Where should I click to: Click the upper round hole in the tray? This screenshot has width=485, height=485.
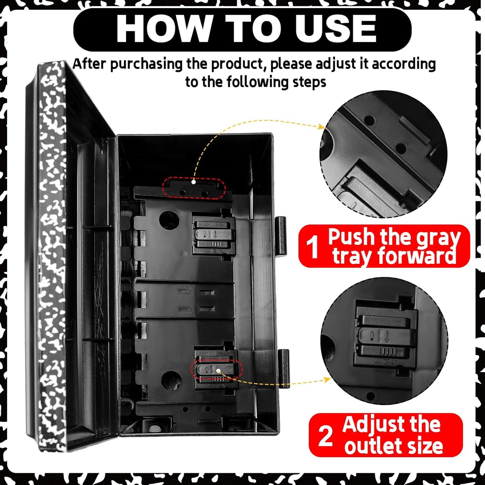169,220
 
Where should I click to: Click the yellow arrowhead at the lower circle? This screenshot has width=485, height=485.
328,379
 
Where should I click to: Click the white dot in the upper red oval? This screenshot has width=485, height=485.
193,182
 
